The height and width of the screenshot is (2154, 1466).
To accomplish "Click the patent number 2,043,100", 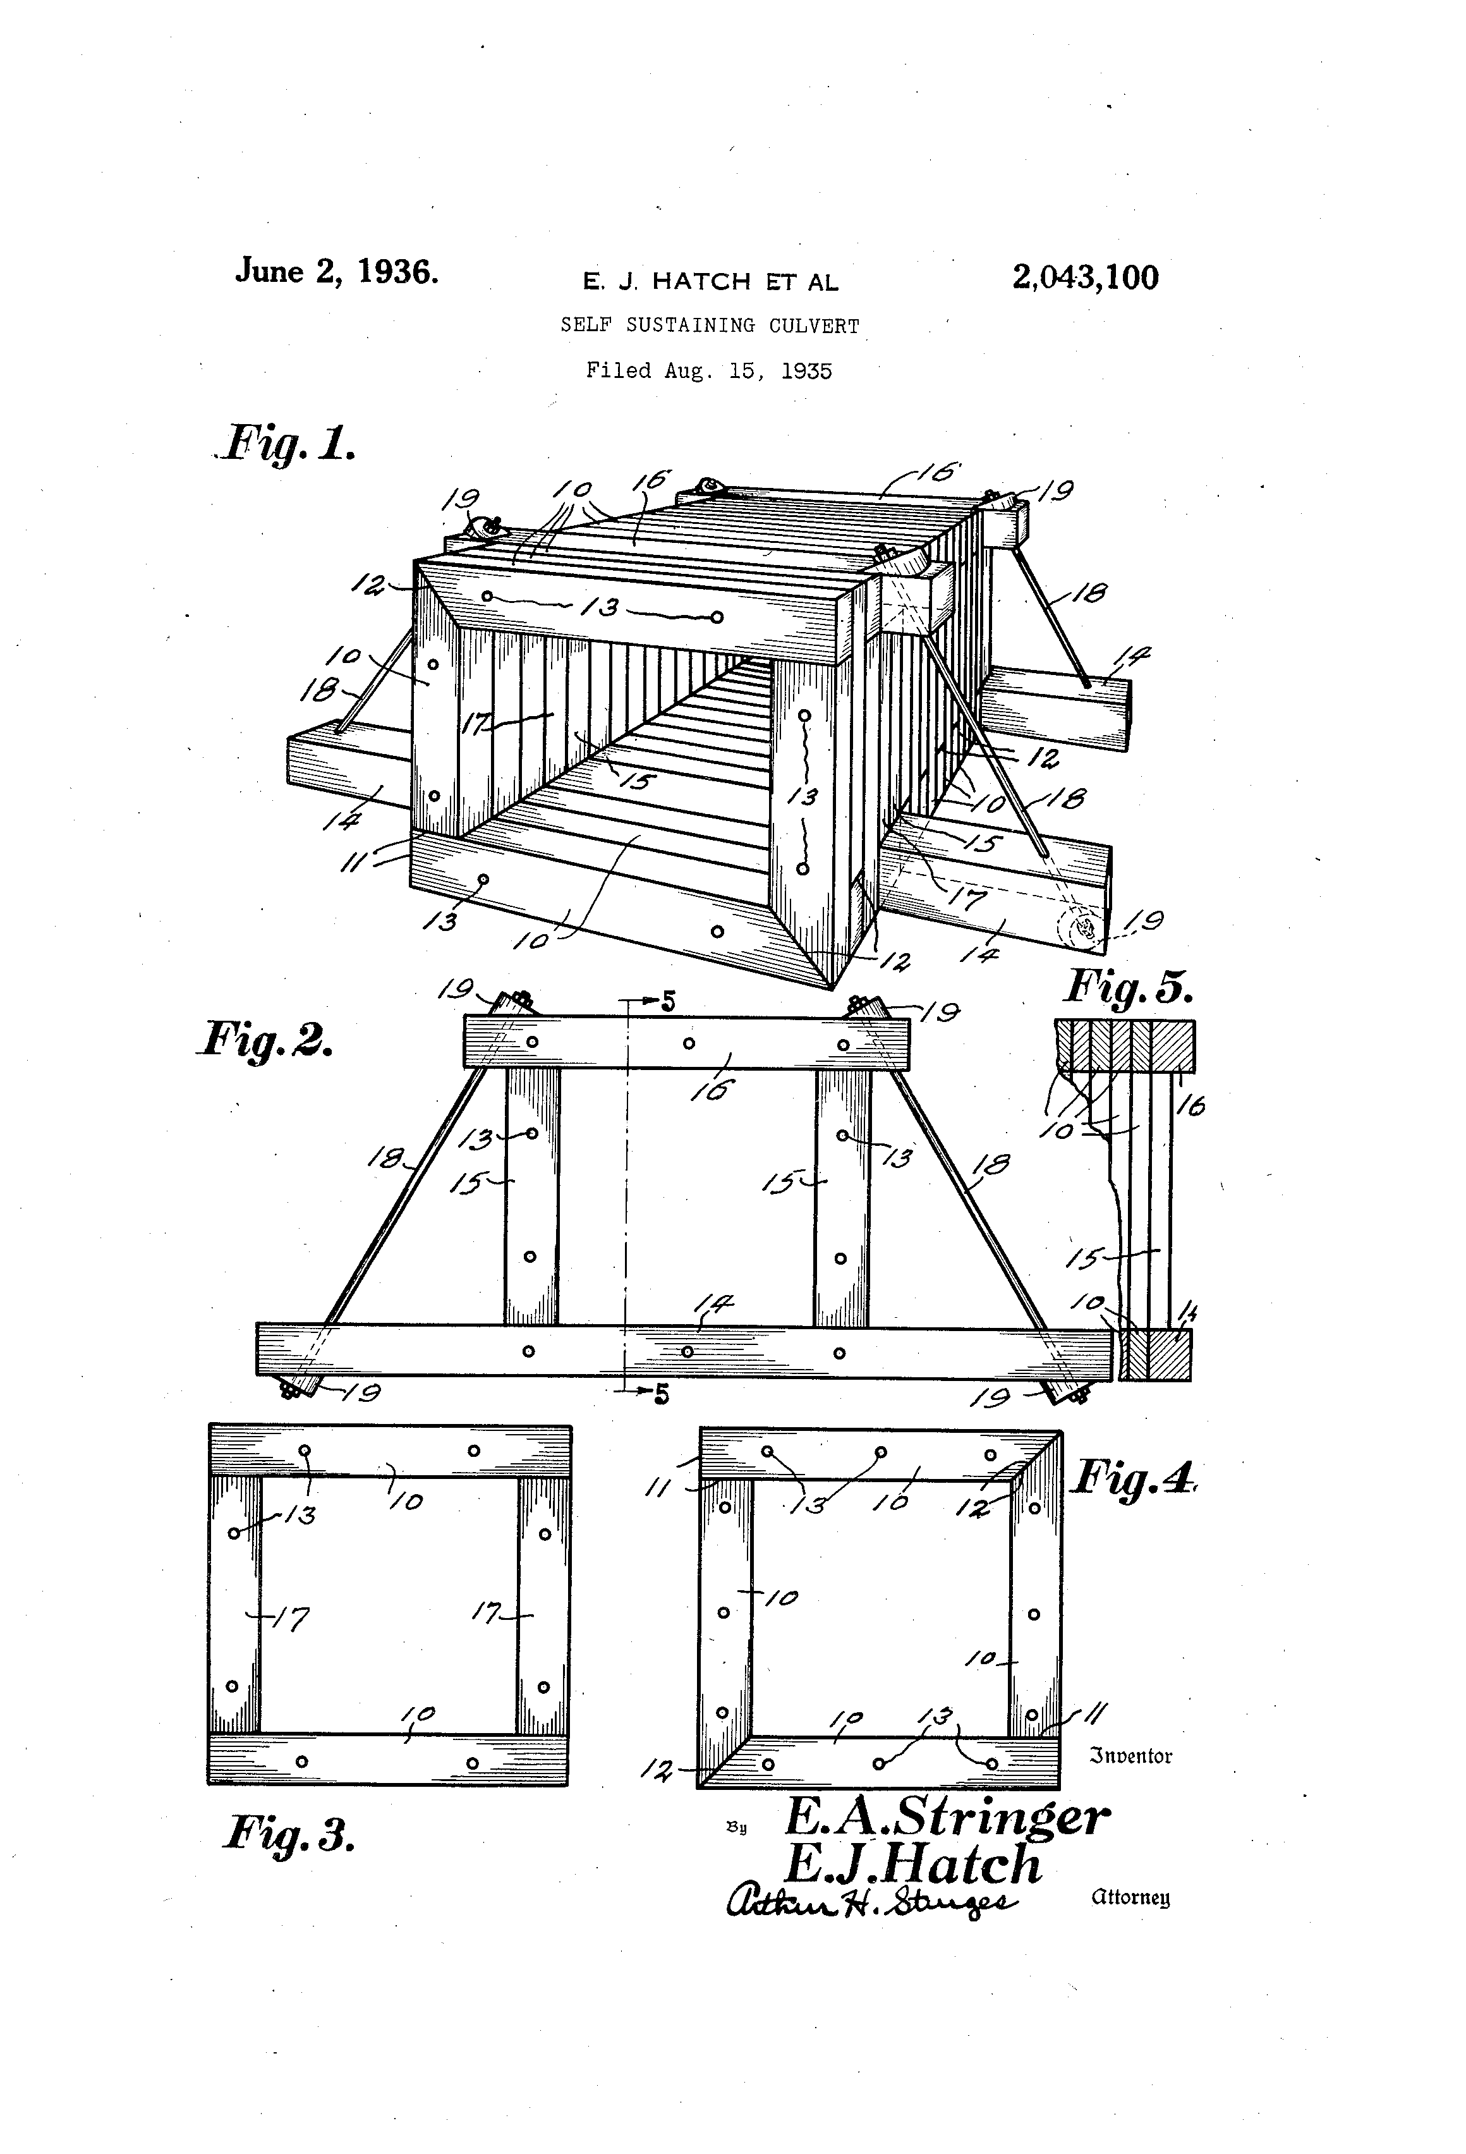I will pyautogui.click(x=1085, y=277).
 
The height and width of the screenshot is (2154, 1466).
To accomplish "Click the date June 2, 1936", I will pyautogui.click(x=336, y=272).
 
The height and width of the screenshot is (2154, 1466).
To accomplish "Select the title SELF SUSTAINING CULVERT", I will pyautogui.click(x=710, y=326).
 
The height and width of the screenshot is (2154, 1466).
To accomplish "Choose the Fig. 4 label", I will pyautogui.click(x=1132, y=1476).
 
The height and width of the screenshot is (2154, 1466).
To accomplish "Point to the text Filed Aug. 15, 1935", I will pyautogui.click(x=709, y=371).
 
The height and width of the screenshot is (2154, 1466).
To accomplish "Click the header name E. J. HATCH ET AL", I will pyautogui.click(x=710, y=281).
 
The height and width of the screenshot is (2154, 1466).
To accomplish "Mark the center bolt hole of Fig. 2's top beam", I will pyautogui.click(x=689, y=1043).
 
